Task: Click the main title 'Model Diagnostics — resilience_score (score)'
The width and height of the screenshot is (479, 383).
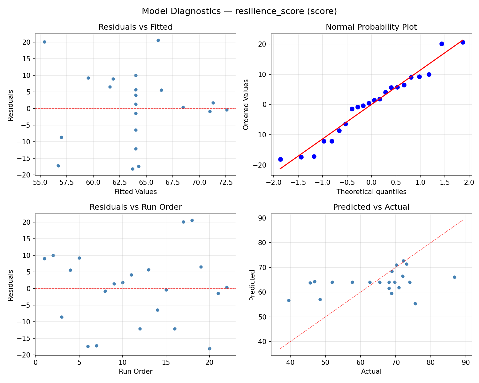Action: (239, 11)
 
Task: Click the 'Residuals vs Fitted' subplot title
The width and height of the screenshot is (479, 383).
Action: (135, 27)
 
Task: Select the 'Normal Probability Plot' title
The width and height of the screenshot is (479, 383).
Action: (371, 27)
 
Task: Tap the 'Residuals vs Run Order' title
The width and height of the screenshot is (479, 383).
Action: (135, 207)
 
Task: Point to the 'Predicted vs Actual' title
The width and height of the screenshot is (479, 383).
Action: (371, 207)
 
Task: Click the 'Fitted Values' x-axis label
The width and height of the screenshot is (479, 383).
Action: (135, 192)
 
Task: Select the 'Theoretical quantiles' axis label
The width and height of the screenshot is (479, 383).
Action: (371, 192)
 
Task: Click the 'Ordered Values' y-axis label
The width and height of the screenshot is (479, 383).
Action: (246, 104)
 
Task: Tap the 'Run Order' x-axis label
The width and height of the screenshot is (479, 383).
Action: (135, 372)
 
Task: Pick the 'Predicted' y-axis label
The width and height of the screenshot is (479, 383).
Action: (252, 285)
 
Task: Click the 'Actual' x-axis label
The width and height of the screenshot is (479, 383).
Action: (371, 372)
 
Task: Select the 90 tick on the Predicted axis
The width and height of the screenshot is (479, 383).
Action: (264, 218)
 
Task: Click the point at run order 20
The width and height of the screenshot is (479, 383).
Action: (209, 349)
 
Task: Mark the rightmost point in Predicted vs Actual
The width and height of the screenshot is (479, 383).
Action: (454, 277)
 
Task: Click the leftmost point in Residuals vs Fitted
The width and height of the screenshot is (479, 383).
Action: (44, 42)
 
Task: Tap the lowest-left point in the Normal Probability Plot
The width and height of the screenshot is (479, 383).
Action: (280, 159)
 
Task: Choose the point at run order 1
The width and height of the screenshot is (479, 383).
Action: (44, 259)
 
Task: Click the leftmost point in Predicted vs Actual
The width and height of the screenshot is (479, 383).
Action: (289, 300)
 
